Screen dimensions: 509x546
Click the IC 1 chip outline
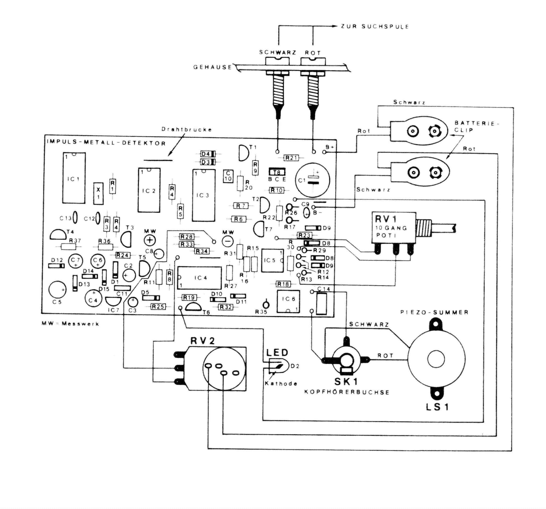click(74, 178)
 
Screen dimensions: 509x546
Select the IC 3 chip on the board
click(203, 195)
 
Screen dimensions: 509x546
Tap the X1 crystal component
click(98, 193)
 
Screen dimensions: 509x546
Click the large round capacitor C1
click(312, 180)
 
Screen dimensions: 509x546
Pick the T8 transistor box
click(277, 172)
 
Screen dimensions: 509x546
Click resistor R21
click(291, 158)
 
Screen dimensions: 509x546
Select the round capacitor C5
click(57, 290)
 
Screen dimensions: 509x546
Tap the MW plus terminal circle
click(150, 240)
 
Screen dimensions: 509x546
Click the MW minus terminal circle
click(228, 241)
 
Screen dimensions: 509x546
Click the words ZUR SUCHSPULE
click(375, 27)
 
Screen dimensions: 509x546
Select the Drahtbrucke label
click(186, 130)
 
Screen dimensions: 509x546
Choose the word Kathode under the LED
click(281, 383)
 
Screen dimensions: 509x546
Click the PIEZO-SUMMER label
click(434, 312)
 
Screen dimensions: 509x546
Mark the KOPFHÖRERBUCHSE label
click(347, 392)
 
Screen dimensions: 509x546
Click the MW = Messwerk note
click(70, 324)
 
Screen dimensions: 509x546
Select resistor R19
click(189, 298)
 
